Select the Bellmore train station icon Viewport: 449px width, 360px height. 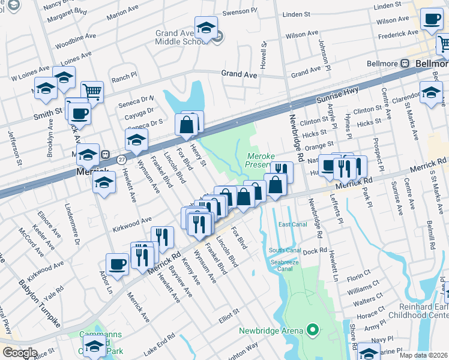(x=405, y=63)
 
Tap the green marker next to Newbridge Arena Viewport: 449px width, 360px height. (x=312, y=329)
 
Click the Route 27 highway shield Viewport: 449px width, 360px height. (x=122, y=159)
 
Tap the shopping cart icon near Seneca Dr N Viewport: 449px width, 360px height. (x=92, y=92)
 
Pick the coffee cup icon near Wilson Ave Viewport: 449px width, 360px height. (x=432, y=19)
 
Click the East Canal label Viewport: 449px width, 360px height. (x=292, y=224)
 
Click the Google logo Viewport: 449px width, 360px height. (x=20, y=353)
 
